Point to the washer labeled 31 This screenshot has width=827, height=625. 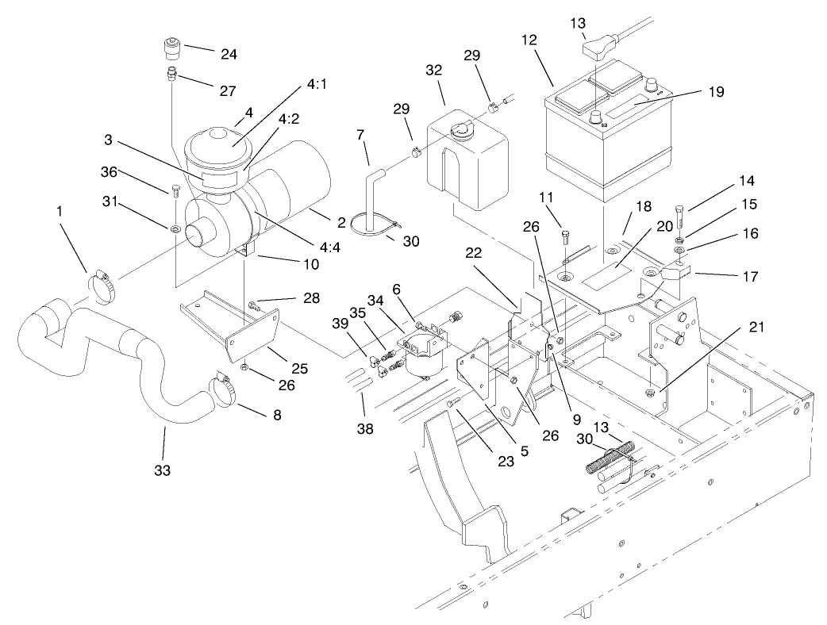pyautogui.click(x=173, y=230)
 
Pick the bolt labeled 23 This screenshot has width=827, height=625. pyautogui.click(x=453, y=404)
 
